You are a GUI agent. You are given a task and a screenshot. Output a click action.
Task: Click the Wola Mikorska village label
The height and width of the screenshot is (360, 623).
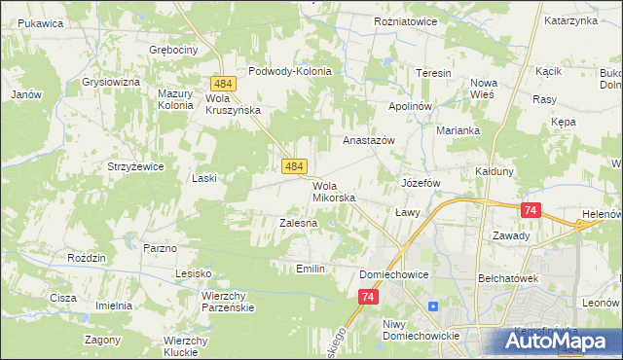click(x=333, y=192)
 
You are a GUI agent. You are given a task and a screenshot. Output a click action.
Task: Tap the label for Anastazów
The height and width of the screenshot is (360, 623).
click(x=368, y=140)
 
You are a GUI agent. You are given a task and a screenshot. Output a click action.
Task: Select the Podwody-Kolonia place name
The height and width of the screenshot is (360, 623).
click(x=290, y=71)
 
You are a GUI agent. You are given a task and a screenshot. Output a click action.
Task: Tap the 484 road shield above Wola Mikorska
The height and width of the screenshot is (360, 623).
click(x=296, y=167)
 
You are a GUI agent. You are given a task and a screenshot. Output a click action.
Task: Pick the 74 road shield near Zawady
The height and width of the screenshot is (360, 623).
click(x=531, y=210)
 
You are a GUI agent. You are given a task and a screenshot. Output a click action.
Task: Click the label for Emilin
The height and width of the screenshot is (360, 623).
click(x=310, y=268)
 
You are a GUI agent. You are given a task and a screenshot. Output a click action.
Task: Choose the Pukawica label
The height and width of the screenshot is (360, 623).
click(x=40, y=22)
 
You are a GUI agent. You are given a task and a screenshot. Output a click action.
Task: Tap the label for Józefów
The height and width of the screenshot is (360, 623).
click(x=422, y=183)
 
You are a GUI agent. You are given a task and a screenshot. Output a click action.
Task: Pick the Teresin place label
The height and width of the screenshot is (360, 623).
click(x=433, y=74)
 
